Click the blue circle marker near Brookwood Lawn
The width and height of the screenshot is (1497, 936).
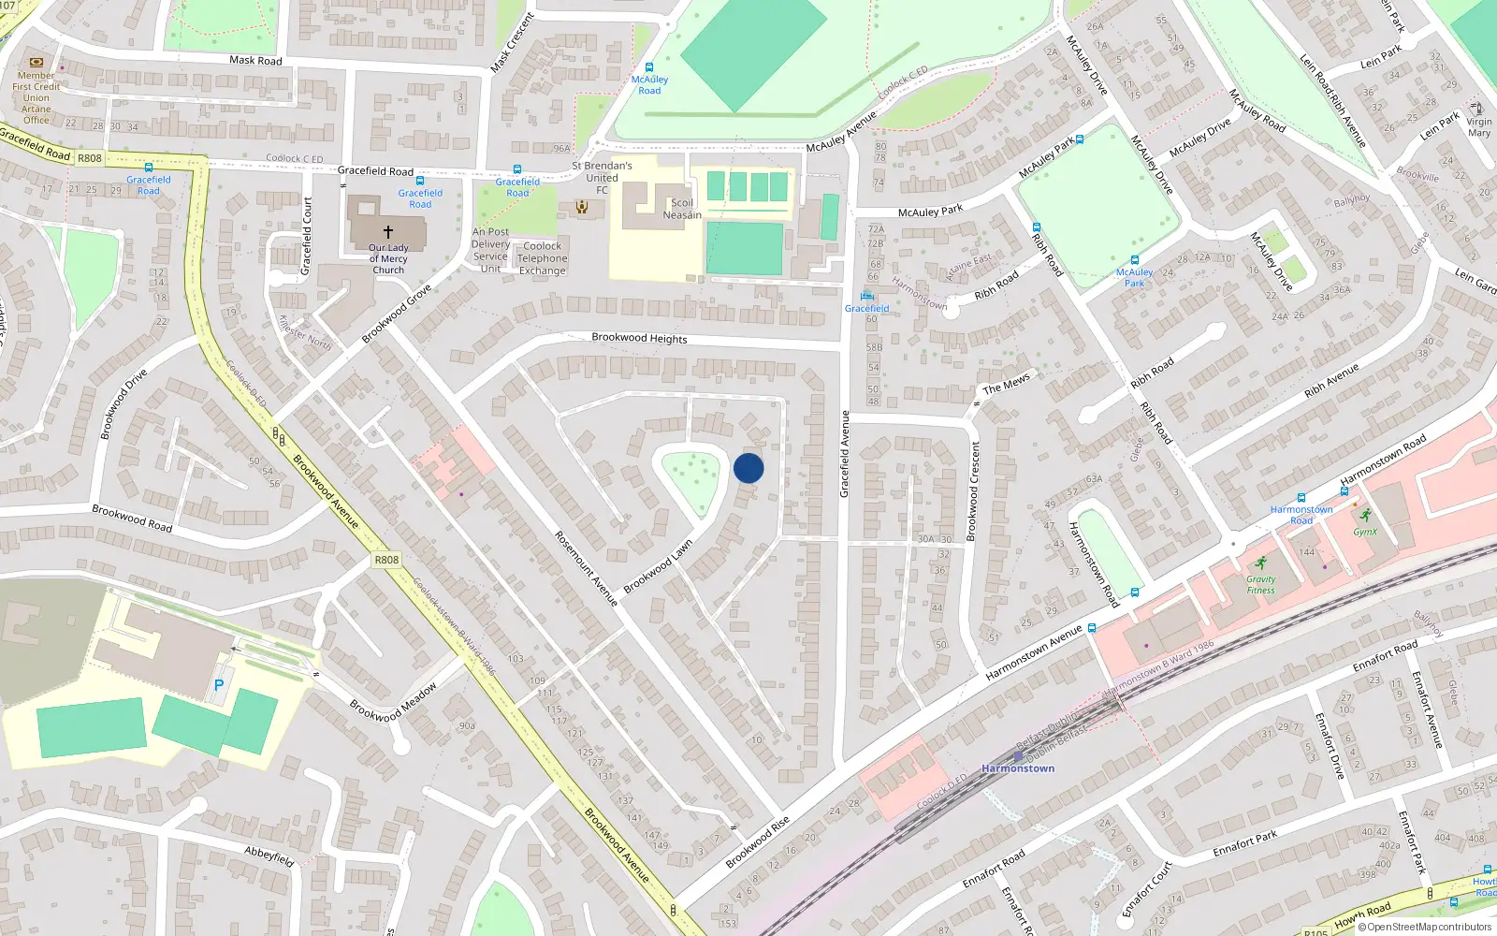[748, 468]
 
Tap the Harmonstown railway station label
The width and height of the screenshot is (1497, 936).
[1018, 768]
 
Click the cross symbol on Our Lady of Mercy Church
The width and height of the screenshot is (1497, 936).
[387, 231]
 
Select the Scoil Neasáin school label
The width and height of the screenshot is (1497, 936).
[682, 209]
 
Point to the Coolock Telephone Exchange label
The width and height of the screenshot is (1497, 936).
[543, 258]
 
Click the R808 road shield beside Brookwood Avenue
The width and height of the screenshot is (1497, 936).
[386, 560]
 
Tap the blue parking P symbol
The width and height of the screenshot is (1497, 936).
[219, 685]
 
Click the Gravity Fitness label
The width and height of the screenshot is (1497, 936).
[1260, 584]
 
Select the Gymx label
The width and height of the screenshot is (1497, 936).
[1365, 531]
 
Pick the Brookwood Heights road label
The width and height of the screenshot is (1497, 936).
[639, 338]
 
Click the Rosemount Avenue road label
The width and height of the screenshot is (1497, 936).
[587, 568]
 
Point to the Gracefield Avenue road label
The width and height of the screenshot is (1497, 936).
[844, 454]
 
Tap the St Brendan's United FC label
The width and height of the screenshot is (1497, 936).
[602, 177]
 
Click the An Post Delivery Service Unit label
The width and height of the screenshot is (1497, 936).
[490, 250]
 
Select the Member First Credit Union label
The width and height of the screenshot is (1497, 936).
[36, 97]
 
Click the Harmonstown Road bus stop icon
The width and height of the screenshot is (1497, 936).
[1301, 498]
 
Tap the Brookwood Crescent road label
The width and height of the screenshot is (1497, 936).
[974, 491]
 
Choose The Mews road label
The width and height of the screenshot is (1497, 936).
[1006, 384]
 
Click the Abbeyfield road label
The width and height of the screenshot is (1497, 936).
[269, 855]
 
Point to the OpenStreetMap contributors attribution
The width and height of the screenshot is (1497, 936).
[1425, 928]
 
